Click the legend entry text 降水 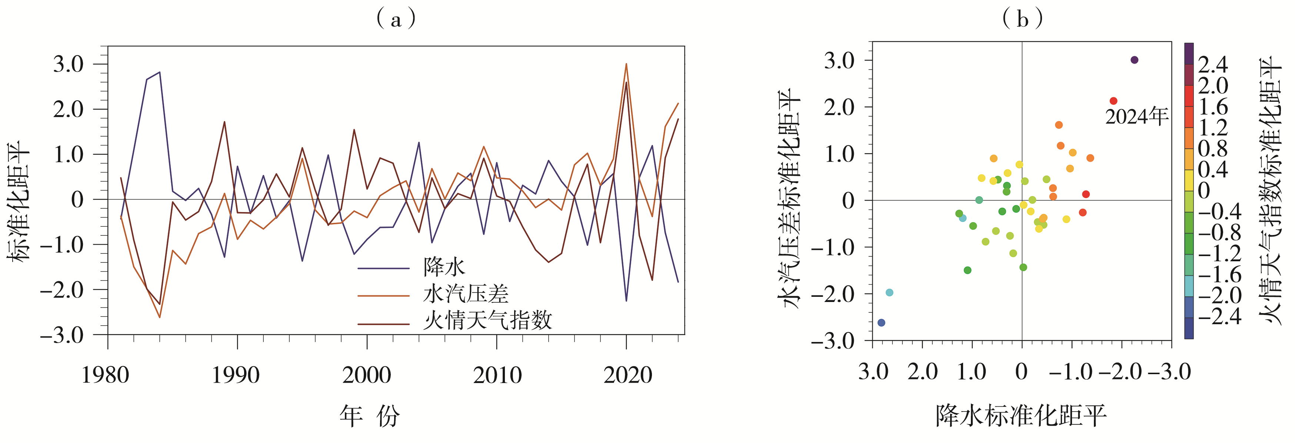[x=444, y=267]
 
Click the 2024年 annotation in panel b [x=1136, y=117]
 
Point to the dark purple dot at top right [x=1135, y=60]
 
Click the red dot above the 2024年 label [x=1113, y=101]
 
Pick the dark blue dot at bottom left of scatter [x=881, y=322]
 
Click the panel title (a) [x=396, y=19]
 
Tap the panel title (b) [x=1022, y=19]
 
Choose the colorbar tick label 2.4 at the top [x=1212, y=65]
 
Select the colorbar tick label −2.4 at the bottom [x=1219, y=316]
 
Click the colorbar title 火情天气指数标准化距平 [x=1271, y=191]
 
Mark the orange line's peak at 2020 [x=626, y=64]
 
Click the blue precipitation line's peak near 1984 [x=159, y=72]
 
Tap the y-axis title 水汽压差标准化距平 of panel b [x=788, y=198]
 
